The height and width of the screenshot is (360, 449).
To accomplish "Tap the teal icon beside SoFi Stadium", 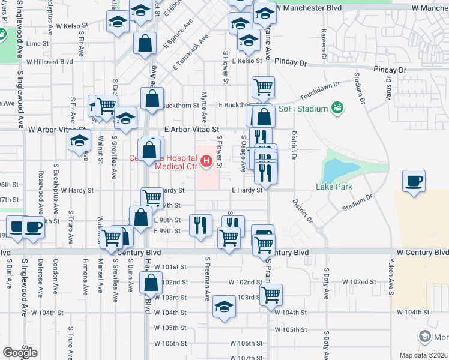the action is tap(338, 107).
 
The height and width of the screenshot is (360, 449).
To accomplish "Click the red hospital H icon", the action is tap(206, 161).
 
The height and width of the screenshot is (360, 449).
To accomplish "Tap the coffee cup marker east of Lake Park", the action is tap(414, 181).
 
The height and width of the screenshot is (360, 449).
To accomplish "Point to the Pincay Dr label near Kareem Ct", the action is tap(291, 62).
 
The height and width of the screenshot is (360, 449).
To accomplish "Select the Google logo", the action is tap(20, 352).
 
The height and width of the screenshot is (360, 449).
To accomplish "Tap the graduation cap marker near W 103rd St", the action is tap(224, 307).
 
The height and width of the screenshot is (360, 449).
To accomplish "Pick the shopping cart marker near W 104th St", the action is tap(271, 294).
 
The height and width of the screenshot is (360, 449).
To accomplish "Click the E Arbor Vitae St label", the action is tap(193, 129).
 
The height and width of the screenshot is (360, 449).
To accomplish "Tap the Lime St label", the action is tap(37, 44).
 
